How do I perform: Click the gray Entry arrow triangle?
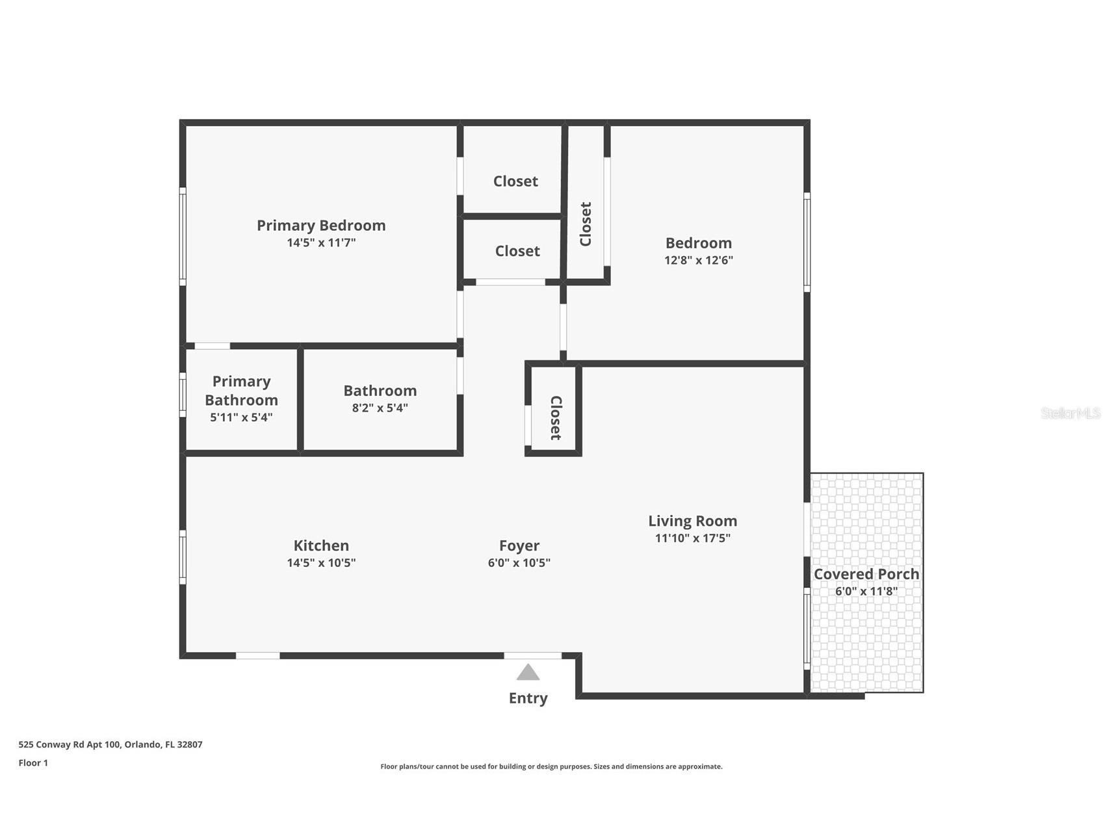point(528,673)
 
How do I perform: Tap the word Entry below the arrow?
point(528,698)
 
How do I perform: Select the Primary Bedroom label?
point(321,226)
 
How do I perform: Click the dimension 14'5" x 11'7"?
point(321,243)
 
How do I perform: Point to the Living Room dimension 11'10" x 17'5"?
point(692,538)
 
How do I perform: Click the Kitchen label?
point(321,545)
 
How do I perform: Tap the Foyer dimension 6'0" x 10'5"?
point(519,563)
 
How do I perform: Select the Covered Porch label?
point(866,574)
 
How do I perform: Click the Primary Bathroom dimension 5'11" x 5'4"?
point(241,417)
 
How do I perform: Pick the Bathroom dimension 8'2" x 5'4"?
point(380,408)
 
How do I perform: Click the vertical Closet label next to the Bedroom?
point(586,224)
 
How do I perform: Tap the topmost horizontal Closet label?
point(515,181)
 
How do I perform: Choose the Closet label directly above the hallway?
point(517,251)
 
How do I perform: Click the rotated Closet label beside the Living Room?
point(556,418)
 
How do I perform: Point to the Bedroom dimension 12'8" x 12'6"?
point(698,260)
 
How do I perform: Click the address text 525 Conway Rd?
point(110,744)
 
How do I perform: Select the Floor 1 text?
point(33,763)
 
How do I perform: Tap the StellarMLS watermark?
point(1070,413)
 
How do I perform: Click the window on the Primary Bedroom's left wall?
point(183,237)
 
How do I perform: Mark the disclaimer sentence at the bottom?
point(551,767)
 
